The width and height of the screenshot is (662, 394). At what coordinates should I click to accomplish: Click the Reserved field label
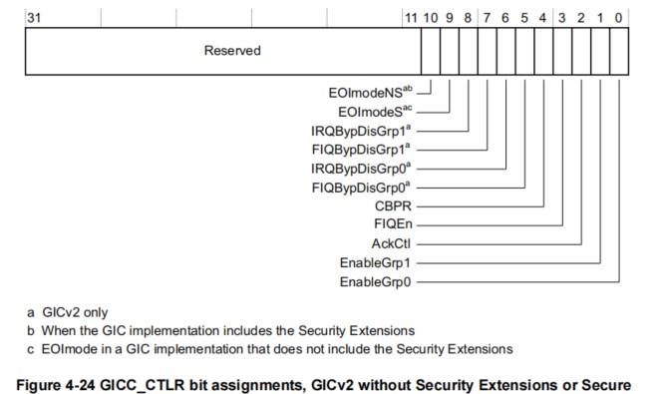coord(232,51)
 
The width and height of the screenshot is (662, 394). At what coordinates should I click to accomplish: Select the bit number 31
coord(33,17)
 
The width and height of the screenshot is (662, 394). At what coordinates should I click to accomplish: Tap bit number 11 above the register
coord(412,17)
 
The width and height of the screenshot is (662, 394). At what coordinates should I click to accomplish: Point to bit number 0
coord(620,17)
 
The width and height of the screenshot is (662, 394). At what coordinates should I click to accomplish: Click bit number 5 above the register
coord(525,17)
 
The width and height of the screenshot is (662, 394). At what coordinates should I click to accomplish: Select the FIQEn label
coord(395,224)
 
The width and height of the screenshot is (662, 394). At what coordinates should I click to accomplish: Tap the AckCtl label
coord(393,243)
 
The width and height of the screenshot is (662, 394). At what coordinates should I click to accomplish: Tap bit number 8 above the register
coord(469,17)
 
